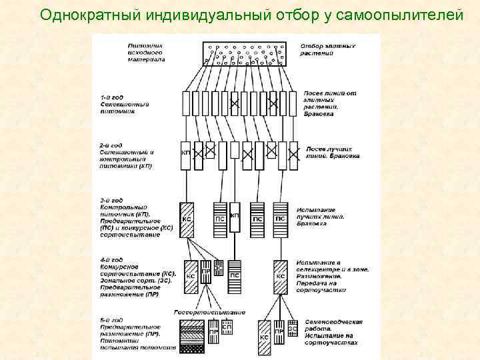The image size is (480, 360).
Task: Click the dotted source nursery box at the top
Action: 245,53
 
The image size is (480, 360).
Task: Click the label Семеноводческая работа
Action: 331,325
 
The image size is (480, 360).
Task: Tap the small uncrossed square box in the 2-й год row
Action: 234,149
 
